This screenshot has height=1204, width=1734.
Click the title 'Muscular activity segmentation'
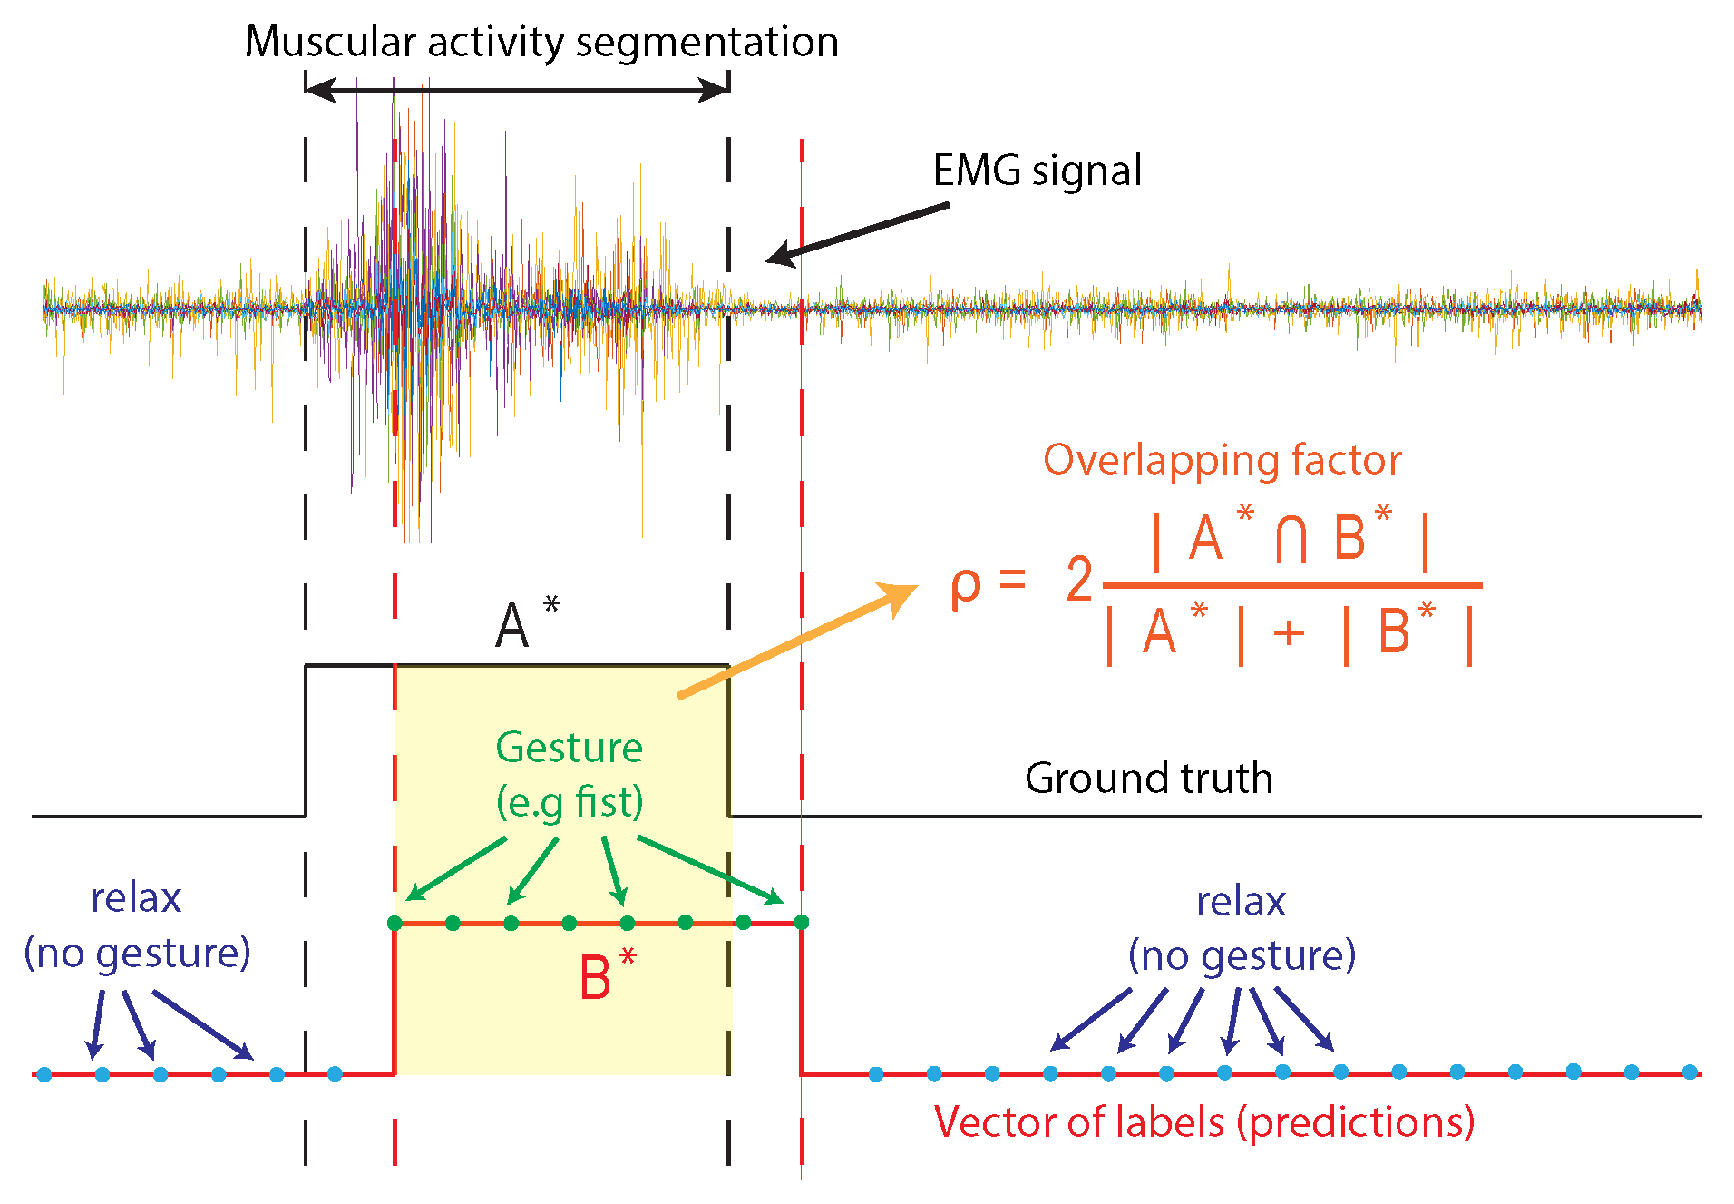tap(541, 43)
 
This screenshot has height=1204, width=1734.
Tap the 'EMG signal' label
tap(1037, 171)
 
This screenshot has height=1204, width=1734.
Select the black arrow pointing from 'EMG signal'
tap(857, 232)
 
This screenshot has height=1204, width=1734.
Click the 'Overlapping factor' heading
tap(1222, 460)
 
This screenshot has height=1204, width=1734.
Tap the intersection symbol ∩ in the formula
tap(1291, 539)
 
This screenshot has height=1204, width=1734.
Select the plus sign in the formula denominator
tap(1289, 632)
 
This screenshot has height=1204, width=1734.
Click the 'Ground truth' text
tap(1148, 778)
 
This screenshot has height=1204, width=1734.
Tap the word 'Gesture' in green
tap(569, 748)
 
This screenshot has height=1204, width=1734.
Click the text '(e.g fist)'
tap(570, 802)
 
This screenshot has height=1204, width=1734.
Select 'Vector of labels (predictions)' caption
tap(1204, 1122)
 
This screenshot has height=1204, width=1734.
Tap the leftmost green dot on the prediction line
tap(395, 923)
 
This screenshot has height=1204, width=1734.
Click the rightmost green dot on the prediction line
tap(801, 923)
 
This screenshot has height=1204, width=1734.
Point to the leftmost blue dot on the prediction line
tap(44, 1074)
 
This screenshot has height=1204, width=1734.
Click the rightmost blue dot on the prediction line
tap(1690, 1072)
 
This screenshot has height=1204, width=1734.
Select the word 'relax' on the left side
tap(136, 898)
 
